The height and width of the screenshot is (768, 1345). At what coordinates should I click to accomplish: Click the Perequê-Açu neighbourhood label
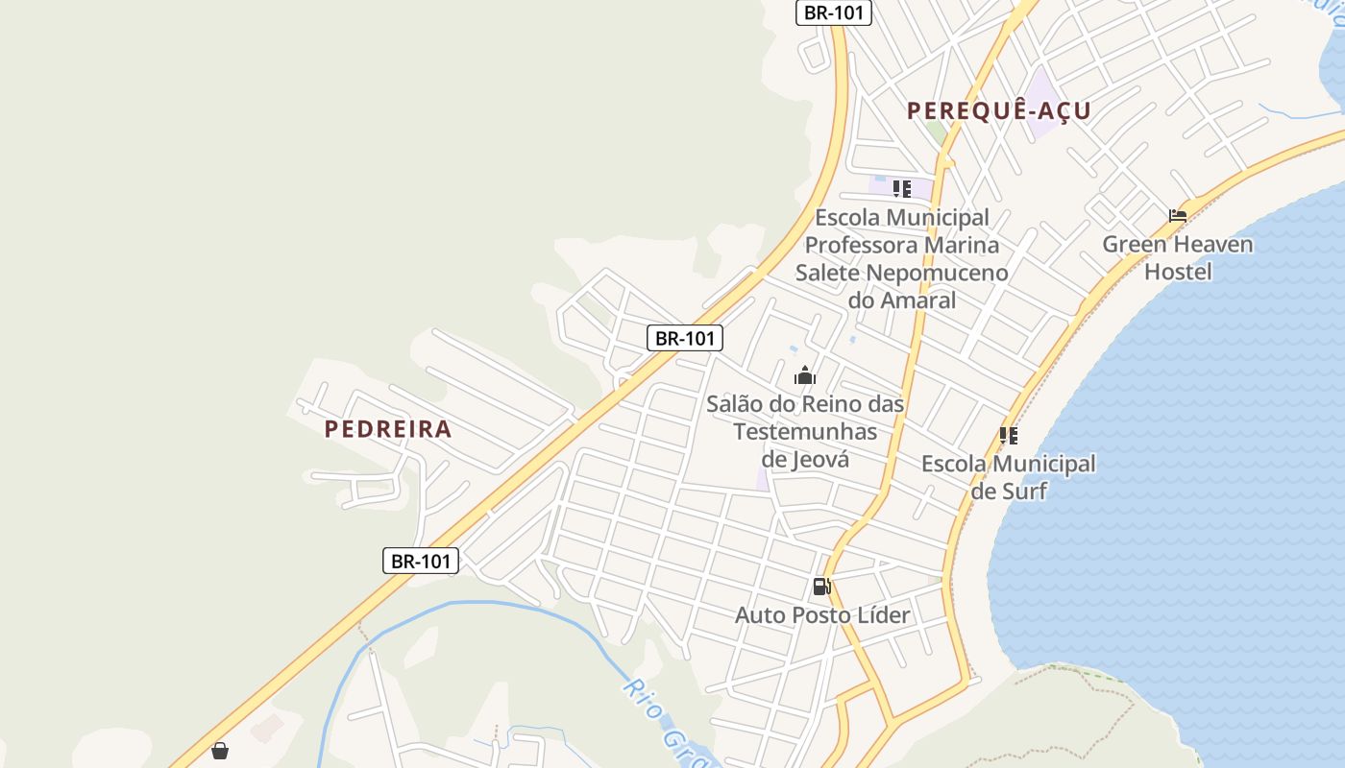click(x=999, y=110)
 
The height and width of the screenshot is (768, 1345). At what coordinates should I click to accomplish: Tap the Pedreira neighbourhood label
click(x=388, y=429)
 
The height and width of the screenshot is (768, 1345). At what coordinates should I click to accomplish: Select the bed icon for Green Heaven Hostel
click(x=1178, y=215)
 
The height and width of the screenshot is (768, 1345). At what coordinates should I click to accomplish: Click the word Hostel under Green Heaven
click(x=1178, y=272)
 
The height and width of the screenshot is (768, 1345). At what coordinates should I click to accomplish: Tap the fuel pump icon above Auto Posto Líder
click(x=821, y=587)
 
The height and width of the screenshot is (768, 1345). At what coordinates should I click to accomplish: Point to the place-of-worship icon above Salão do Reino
click(x=805, y=375)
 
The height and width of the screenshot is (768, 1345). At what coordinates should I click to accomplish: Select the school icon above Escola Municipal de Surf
click(x=1008, y=436)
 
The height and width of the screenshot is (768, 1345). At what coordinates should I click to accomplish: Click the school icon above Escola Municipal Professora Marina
click(x=901, y=189)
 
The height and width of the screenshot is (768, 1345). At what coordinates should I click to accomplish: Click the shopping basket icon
click(x=220, y=751)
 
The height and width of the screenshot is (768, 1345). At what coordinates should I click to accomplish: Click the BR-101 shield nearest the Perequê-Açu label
click(x=834, y=12)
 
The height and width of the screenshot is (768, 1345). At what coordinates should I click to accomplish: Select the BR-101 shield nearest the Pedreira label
click(x=421, y=561)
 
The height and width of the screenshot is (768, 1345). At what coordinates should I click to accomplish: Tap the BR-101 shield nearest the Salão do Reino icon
click(x=684, y=338)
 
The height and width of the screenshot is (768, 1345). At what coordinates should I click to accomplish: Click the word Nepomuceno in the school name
click(x=937, y=273)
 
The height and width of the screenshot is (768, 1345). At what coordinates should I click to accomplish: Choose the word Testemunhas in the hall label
click(x=805, y=431)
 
